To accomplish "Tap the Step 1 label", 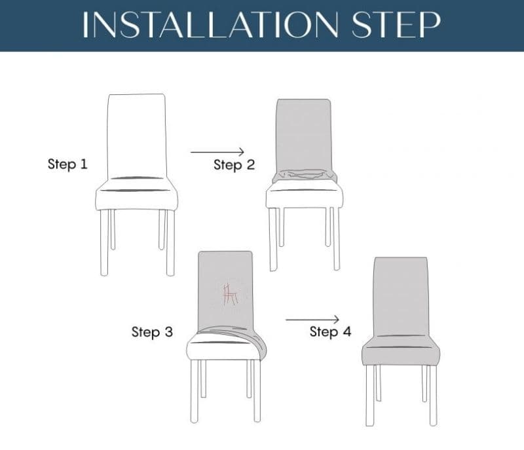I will [67, 164].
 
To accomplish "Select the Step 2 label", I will [234, 165].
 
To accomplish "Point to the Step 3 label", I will [152, 332].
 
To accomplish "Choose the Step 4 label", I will [330, 332].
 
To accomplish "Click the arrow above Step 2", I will [217, 152].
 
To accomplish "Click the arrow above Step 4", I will [312, 319].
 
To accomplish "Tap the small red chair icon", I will [229, 294].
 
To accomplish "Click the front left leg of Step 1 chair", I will [105, 242].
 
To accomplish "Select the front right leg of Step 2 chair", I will [336, 238].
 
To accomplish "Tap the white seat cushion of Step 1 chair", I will [136, 197].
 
